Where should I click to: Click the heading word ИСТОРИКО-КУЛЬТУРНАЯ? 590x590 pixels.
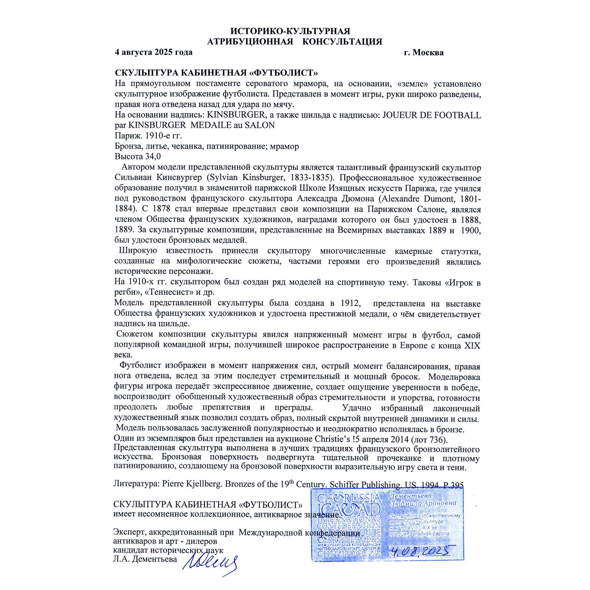(290, 31)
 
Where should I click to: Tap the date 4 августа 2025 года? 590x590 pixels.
(154, 52)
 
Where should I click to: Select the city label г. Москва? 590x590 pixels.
(424, 53)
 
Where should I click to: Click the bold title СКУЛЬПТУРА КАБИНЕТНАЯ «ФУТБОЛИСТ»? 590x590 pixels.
(216, 73)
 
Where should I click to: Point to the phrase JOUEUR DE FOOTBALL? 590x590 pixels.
(432, 115)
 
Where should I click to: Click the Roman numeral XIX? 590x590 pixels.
(472, 346)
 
